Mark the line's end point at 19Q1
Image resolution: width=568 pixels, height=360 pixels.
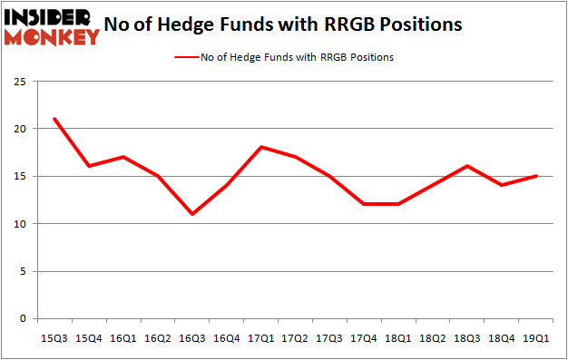536,176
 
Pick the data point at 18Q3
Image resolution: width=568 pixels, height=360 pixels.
467,166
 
